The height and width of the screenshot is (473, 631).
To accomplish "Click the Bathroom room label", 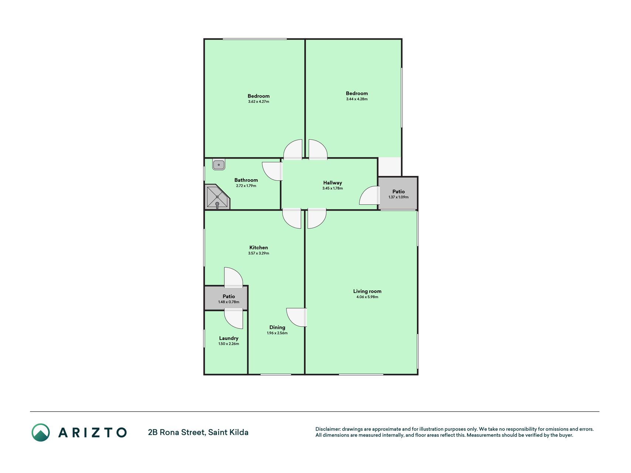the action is [246, 180].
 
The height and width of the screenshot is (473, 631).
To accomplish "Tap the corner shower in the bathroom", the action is [217, 197].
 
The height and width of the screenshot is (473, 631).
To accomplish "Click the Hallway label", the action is [332, 183].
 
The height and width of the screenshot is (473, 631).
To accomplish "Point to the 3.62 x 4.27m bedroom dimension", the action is [259, 102].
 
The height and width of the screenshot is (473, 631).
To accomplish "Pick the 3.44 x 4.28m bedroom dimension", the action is [357, 99].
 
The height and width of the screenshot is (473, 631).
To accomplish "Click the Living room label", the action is [367, 292].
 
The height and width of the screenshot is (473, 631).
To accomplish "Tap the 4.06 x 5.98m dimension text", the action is [367, 297].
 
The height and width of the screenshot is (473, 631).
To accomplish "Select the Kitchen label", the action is [259, 248].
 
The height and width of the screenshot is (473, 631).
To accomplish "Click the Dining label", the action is [277, 327].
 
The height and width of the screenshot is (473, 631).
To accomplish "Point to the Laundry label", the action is [229, 338].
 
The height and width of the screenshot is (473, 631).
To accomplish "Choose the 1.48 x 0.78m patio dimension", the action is [229, 302].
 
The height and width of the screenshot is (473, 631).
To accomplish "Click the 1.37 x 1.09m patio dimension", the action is [398, 197].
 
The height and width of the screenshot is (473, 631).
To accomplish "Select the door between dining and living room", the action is [296, 317].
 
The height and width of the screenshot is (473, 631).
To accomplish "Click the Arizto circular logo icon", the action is [41, 432].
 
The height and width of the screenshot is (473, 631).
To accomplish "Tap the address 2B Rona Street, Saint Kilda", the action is [198, 432].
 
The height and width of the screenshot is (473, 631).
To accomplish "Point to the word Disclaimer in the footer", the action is [328, 429].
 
